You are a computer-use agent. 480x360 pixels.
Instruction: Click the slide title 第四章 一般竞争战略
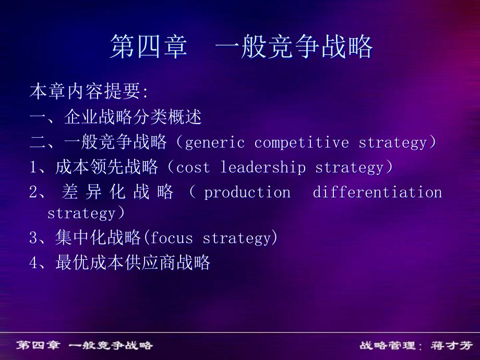[241, 46]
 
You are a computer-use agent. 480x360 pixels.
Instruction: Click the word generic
[215, 143]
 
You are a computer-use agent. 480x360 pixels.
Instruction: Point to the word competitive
[302, 143]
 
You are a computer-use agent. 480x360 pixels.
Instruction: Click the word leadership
[263, 167]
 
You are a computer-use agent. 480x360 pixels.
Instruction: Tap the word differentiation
[377, 192]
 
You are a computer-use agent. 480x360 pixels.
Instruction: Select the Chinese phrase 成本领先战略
[106, 167]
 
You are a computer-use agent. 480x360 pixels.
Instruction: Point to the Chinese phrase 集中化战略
[98, 237]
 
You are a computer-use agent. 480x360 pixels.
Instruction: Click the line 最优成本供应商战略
[133, 262]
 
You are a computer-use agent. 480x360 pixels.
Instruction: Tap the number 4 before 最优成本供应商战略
[34, 262]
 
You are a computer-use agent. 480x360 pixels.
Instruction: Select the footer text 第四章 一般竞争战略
[84, 345]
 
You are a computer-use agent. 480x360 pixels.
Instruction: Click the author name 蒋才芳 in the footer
[451, 345]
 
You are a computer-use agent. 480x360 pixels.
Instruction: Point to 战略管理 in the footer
[387, 345]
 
